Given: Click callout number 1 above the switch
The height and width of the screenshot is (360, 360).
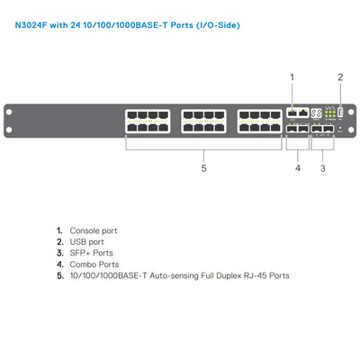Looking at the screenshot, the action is point(292,77).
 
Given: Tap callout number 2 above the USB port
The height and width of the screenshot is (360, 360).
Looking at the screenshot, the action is point(340,77).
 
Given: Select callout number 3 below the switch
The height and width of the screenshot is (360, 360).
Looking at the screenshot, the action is point(323,168).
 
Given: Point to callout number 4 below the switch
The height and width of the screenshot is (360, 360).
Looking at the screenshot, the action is point(298,168).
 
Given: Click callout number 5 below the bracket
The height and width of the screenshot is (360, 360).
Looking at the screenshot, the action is point(203,168).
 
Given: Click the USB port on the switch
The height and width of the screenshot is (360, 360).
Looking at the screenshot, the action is point(340,112).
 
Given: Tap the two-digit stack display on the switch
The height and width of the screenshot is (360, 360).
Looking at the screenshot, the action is point(316,113).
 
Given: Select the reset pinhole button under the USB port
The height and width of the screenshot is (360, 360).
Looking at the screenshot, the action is point(340,129).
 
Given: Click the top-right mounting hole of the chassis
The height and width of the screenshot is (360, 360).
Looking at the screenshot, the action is point(351,112).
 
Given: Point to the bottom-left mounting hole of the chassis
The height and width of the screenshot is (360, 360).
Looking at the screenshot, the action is point(9,130).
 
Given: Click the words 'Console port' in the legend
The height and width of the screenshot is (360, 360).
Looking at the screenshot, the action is point(94,230).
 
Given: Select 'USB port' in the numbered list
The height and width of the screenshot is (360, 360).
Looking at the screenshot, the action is point(86,242).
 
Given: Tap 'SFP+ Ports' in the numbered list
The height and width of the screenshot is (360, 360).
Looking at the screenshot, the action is point(91,253).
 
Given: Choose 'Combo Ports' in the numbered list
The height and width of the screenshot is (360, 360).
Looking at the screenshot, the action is point(94,265).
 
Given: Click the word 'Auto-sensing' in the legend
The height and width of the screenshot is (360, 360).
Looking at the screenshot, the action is point(174,275).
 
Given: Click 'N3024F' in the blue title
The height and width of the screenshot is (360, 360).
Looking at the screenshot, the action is point(31,25).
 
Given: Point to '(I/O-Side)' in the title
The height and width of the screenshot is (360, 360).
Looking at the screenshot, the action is point(218,25).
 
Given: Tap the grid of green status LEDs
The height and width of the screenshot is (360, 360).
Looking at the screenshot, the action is point(330,113).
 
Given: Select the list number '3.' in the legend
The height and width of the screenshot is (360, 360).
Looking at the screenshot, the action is point(60,253).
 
